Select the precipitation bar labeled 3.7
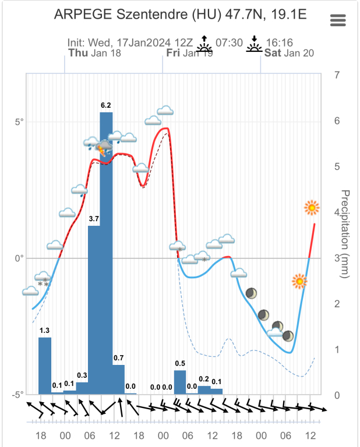(x=94, y=308)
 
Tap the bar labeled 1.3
(x=45, y=365)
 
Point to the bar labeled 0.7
(x=118, y=379)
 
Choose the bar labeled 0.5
(x=180, y=381)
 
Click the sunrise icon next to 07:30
(x=204, y=44)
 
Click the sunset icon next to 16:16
(x=254, y=44)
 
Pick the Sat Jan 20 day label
(x=289, y=53)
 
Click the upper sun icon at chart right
(x=312, y=207)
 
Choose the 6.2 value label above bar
(x=106, y=105)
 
